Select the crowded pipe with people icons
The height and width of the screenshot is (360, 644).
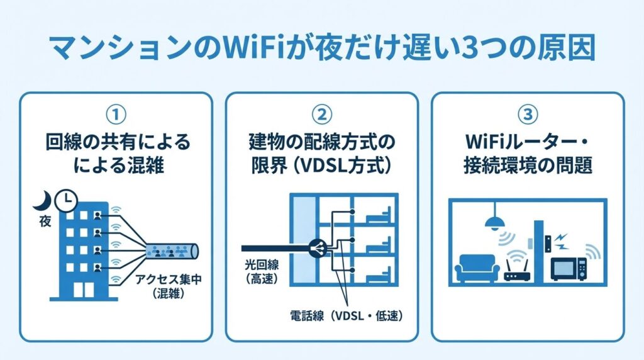(170, 252)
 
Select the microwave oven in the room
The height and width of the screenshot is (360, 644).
(568, 269)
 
